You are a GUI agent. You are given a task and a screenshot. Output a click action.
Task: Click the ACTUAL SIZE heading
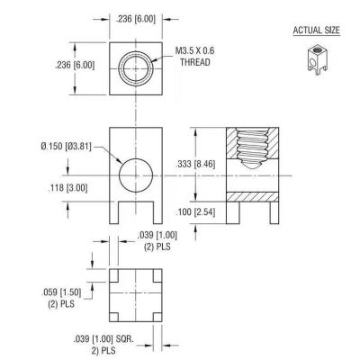(x=316, y=31)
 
